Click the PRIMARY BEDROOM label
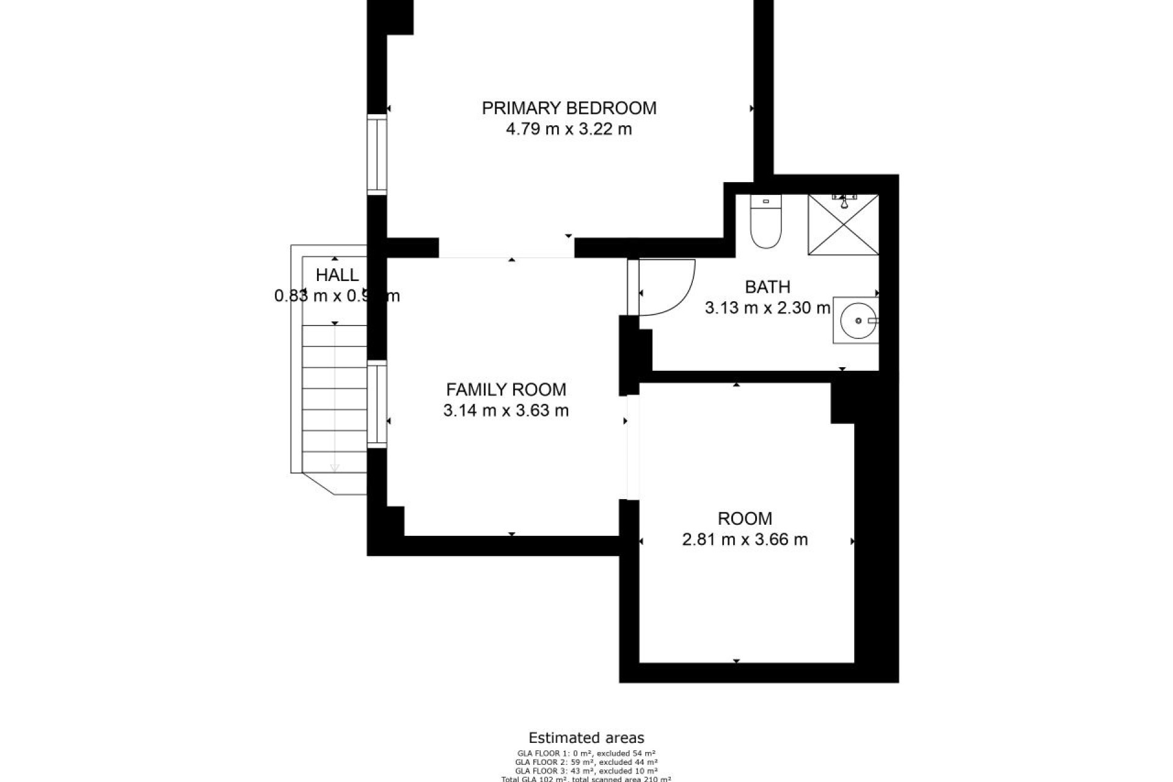coord(569,108)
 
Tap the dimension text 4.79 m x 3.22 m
coord(569,130)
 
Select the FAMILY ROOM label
coord(506,389)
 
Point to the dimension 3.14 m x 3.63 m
coord(506,411)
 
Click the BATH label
coord(767,287)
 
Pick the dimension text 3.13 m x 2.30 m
coord(767,308)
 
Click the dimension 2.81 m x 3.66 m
coord(745,539)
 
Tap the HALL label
coord(337,275)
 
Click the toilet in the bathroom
coord(766,223)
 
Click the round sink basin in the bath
coord(858,320)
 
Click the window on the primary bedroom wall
coord(377,154)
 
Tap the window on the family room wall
coord(377,404)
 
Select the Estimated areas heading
coord(586,738)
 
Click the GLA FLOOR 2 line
coord(586,762)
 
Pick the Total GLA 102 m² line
coord(586,779)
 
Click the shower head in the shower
coord(844,202)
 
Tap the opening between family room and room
coord(633,447)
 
